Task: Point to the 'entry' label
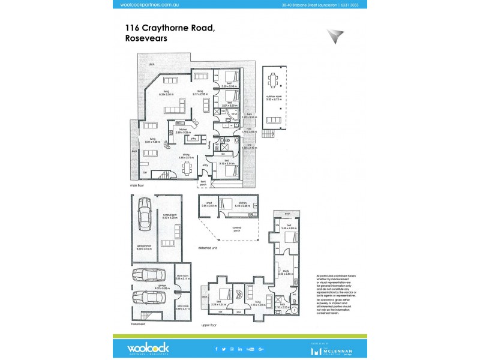pos(205,164)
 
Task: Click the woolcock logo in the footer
pos(148,347)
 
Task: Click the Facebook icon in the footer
pos(217,348)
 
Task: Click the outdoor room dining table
pos(274,79)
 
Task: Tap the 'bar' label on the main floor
pos(144,172)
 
